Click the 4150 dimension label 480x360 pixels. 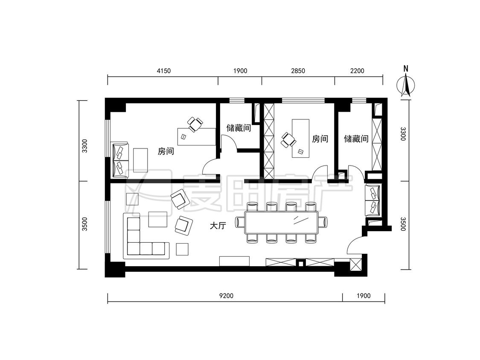[x=163, y=71]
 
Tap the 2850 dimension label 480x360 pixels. [x=298, y=71]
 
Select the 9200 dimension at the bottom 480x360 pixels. [x=226, y=296]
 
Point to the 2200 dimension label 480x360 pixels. [x=357, y=71]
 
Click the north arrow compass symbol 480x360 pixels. [x=406, y=86]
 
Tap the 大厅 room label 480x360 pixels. [x=218, y=226]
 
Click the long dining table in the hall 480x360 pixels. [x=281, y=223]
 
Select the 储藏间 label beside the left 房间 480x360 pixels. [x=239, y=128]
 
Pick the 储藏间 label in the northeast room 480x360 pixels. [x=356, y=139]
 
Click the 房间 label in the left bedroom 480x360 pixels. [x=166, y=151]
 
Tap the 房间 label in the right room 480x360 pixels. [x=320, y=139]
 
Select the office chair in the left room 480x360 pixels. [x=195, y=124]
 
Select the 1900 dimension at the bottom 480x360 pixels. [x=364, y=296]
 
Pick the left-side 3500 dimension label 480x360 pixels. [x=85, y=224]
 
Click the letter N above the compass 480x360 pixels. [x=406, y=69]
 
